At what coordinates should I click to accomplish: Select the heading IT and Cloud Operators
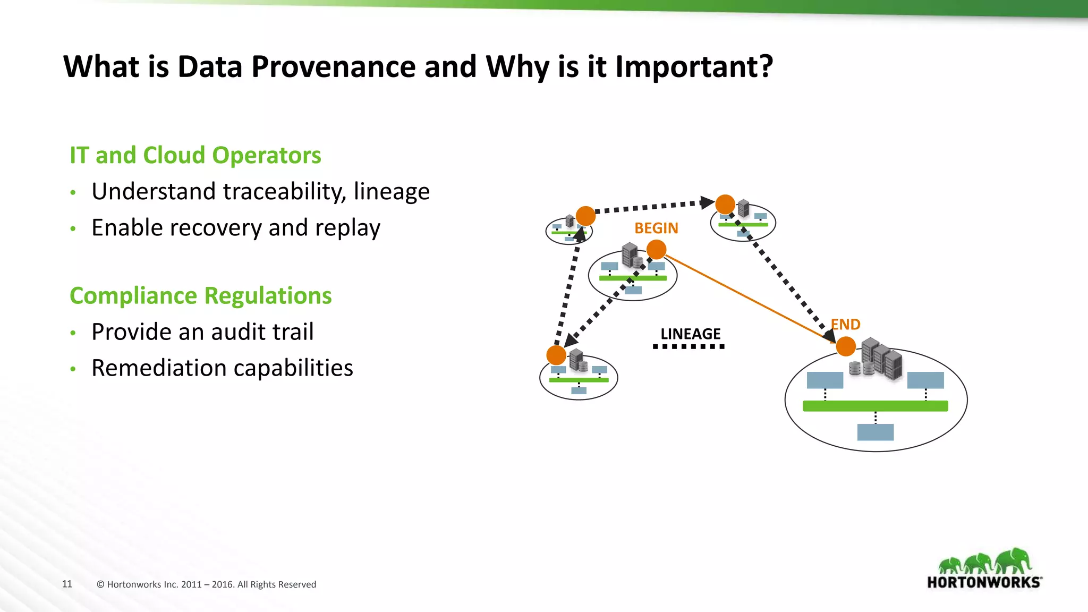tap(195, 156)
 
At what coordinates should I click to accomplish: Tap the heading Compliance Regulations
tap(200, 296)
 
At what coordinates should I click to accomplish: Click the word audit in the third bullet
tap(234, 332)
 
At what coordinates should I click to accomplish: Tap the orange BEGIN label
tap(656, 228)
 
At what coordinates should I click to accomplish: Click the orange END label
tap(846, 325)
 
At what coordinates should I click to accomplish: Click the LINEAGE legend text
tap(690, 334)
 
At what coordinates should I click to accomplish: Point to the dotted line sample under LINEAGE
tap(688, 347)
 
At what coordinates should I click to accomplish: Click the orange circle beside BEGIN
tap(657, 249)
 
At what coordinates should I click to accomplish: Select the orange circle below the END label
tap(846, 347)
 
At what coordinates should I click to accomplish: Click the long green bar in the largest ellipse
tap(875, 406)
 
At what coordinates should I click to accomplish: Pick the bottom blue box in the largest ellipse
tap(875, 432)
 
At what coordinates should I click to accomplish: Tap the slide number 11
tap(67, 584)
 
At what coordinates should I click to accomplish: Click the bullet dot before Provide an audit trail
tap(73, 333)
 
